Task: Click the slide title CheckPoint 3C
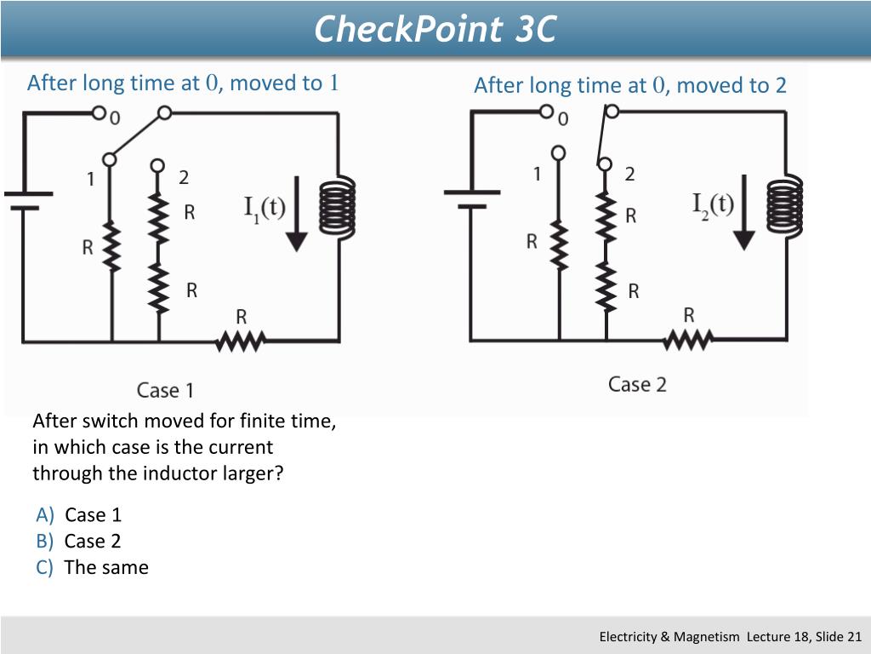pos(435,29)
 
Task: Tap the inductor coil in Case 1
pos(338,206)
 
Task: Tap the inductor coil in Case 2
pos(784,205)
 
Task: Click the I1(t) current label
pos(265,209)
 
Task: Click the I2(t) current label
pos(713,204)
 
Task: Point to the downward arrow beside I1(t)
pos(295,213)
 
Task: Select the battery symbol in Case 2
pos(470,198)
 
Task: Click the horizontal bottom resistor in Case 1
pos(242,341)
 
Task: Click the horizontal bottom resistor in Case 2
pos(688,340)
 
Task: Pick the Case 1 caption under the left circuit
pos(165,391)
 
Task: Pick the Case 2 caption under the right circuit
pos(636,384)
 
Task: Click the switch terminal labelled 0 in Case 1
pos(100,112)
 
